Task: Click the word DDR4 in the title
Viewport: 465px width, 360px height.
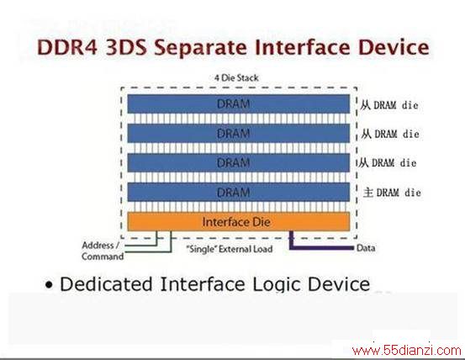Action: point(67,47)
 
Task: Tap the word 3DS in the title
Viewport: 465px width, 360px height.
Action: point(126,47)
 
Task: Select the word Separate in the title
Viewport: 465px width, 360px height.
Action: point(200,48)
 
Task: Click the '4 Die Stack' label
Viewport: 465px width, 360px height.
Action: point(236,78)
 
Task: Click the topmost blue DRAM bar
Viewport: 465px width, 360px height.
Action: point(239,103)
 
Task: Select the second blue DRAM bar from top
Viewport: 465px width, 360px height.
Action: point(239,134)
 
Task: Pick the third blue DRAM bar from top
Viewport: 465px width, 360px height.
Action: point(239,163)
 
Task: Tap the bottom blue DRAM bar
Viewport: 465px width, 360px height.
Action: point(239,192)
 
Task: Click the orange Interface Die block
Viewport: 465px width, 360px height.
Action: point(239,221)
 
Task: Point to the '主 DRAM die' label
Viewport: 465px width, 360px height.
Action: point(392,193)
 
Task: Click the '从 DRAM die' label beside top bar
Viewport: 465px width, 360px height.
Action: point(389,105)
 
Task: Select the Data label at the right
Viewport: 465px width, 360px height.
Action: point(366,248)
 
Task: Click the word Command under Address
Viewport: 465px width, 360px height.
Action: point(103,257)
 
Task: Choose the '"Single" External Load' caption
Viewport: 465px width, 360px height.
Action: point(230,249)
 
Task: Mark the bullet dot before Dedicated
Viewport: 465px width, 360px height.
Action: point(49,285)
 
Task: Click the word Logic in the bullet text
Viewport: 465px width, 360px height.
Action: point(277,284)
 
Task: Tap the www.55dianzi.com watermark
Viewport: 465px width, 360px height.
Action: point(406,351)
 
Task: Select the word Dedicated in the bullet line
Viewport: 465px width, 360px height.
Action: point(107,284)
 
